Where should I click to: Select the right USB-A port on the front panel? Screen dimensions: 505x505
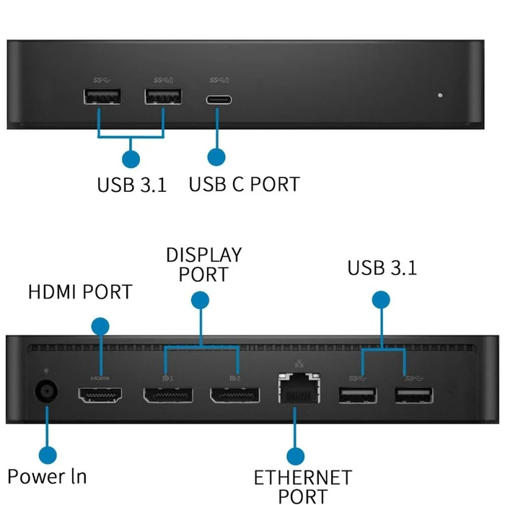click(x=163, y=97)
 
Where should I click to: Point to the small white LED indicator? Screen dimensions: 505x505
click(x=440, y=95)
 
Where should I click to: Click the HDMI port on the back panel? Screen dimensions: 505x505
click(x=100, y=395)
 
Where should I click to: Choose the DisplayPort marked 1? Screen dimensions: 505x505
click(x=168, y=395)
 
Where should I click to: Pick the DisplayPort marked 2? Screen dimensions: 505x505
click(x=234, y=395)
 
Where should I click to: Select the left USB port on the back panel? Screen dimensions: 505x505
click(x=356, y=395)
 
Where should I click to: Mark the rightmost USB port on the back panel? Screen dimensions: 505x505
click(x=413, y=395)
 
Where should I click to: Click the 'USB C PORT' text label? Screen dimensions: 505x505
click(x=244, y=184)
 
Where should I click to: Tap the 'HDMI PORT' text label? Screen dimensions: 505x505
click(x=80, y=292)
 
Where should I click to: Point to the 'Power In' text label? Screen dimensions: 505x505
click(x=47, y=476)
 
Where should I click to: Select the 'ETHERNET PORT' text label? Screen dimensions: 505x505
click(x=302, y=486)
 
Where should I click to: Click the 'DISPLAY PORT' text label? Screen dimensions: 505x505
click(x=203, y=265)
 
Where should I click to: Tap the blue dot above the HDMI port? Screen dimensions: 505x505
click(x=100, y=325)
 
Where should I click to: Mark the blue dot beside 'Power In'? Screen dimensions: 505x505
click(x=48, y=454)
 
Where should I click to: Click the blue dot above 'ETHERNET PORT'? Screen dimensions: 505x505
click(x=295, y=455)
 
